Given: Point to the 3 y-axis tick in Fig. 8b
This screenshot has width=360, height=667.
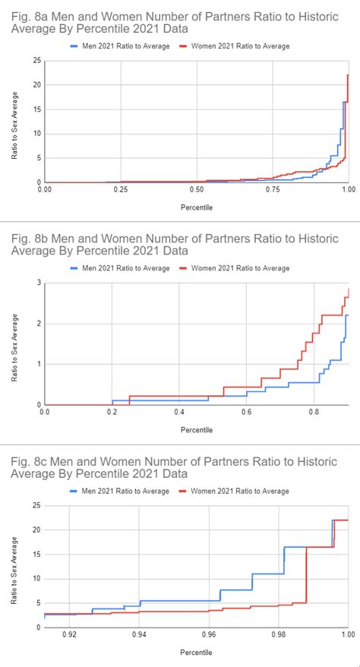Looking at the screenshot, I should coord(39,283).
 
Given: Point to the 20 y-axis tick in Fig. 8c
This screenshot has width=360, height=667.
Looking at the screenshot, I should coord(36,529).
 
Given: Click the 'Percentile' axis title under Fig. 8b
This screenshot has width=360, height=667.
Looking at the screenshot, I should coord(196,430).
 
